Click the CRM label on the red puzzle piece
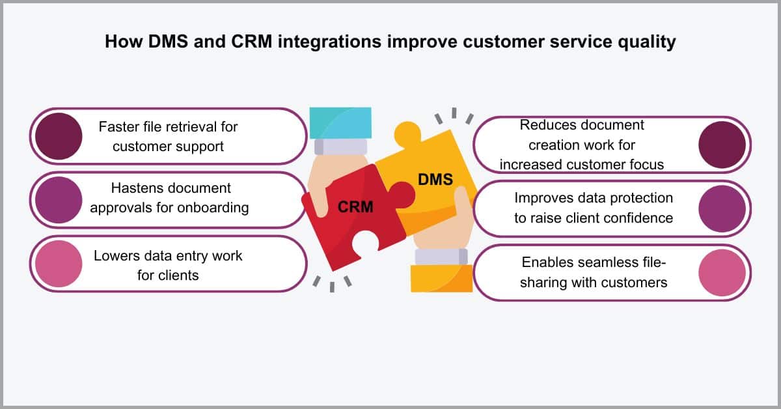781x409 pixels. [355, 207]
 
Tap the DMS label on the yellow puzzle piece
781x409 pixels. [435, 179]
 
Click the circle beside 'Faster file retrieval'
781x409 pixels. [59, 136]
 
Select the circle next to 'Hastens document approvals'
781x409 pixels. [59, 200]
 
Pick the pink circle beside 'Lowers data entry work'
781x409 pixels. [59, 264]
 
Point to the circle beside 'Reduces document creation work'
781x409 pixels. [722, 145]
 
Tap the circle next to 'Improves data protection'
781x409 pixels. [722, 208]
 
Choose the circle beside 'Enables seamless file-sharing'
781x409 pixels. [722, 272]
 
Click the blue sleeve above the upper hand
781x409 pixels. [340, 123]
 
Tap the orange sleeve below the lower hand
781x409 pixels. [442, 279]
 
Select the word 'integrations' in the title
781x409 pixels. [329, 42]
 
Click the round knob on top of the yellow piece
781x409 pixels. [407, 134]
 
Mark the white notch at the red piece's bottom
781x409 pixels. [365, 244]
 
